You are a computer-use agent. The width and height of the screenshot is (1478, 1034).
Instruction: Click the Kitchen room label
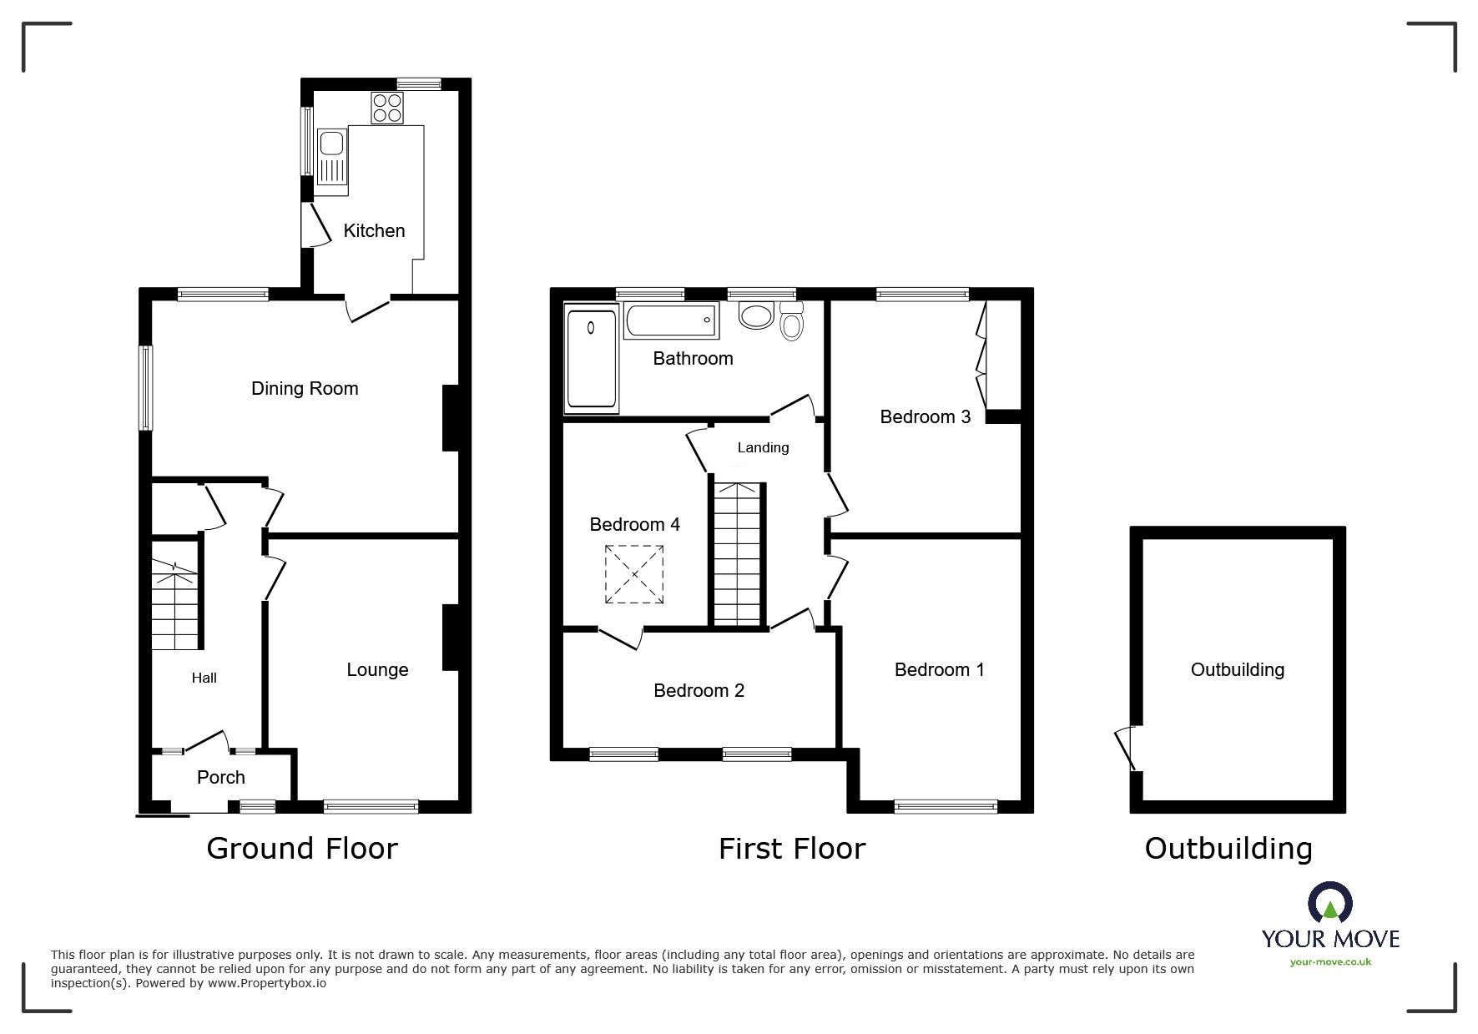click(374, 231)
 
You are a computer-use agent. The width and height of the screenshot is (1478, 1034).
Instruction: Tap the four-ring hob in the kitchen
click(387, 108)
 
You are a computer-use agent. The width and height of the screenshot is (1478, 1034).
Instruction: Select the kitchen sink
click(331, 159)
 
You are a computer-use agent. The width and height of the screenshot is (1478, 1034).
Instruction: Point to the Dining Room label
click(305, 388)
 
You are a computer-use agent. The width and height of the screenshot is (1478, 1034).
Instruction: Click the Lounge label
click(377, 669)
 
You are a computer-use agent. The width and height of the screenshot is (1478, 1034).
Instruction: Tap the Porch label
click(221, 777)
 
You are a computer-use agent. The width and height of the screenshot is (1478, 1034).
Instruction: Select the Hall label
click(204, 678)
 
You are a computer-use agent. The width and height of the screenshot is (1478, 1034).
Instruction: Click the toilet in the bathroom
click(791, 321)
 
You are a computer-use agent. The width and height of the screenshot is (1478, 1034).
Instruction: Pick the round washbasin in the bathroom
click(757, 317)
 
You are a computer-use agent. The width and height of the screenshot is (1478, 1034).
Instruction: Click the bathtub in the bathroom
click(670, 320)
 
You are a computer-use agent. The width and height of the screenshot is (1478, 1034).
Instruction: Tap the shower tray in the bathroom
click(592, 358)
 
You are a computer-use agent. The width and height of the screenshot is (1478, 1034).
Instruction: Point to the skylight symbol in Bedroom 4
click(634, 574)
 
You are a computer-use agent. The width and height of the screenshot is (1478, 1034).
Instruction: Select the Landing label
click(763, 447)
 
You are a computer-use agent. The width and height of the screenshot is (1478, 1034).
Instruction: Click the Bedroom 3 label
click(926, 416)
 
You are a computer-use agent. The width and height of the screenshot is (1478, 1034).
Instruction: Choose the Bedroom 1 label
click(940, 669)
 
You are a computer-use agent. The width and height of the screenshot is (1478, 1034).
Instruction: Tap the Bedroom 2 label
click(699, 690)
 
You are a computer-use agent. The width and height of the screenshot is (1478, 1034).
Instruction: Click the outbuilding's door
click(1127, 747)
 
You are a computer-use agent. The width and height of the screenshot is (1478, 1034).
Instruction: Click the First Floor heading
click(792, 849)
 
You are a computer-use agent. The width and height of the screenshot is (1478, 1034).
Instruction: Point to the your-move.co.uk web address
click(1330, 962)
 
